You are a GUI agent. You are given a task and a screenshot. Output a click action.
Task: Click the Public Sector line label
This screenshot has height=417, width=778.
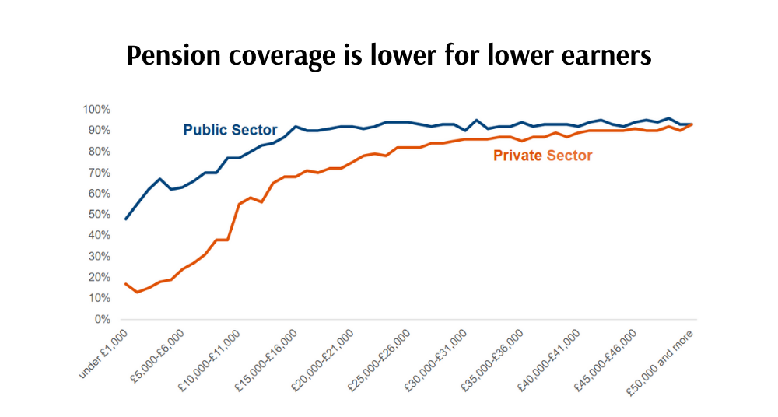coord(230,130)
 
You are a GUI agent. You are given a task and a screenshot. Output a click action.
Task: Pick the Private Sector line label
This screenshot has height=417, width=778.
coord(542,156)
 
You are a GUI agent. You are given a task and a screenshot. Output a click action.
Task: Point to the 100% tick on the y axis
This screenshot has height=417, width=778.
coord(97,109)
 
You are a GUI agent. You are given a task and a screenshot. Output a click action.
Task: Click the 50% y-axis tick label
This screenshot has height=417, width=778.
coord(100,214)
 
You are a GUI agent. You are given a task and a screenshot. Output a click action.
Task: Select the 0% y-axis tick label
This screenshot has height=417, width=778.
coord(103,319)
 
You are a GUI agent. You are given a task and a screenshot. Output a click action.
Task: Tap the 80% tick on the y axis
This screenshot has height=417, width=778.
coord(100,151)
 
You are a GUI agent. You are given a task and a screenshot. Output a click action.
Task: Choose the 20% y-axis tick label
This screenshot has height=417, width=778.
coord(100,277)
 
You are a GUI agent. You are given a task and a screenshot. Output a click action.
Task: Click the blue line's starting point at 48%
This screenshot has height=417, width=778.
coord(126,219)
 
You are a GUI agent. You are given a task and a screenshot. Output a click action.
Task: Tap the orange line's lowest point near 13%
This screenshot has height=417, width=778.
coord(137,292)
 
